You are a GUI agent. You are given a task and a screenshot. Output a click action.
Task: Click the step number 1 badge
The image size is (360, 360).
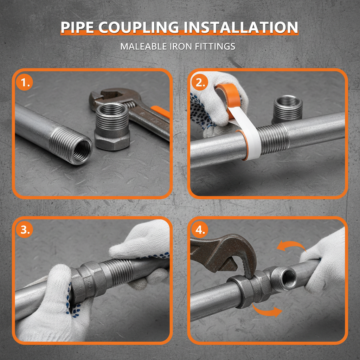tap(24, 83)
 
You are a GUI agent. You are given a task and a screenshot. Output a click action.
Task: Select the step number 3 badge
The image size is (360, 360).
tap(24, 230)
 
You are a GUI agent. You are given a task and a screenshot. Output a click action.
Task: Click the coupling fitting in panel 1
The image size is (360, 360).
tap(112, 127)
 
